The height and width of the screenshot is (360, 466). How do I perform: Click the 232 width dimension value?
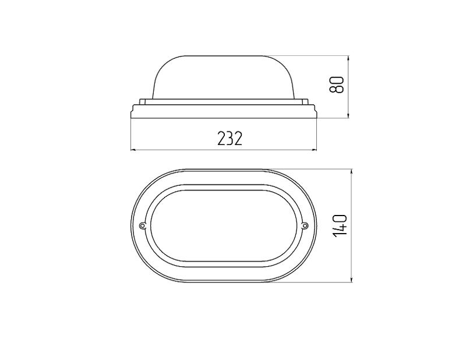[230, 138]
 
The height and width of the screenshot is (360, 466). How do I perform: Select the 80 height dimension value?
[337, 85]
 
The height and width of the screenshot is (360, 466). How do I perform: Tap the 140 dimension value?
[340, 225]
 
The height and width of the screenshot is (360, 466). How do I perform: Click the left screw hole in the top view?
[143, 226]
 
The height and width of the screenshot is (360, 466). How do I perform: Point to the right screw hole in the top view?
[305, 226]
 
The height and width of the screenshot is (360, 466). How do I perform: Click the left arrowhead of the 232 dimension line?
[133, 150]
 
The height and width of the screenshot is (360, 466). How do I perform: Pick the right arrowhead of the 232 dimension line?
[315, 150]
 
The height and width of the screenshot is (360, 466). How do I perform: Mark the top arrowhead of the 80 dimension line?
[348, 58]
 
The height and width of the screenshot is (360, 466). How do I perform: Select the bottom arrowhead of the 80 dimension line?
[348, 115]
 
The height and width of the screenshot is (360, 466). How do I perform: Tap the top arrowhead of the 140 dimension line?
[352, 172]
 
